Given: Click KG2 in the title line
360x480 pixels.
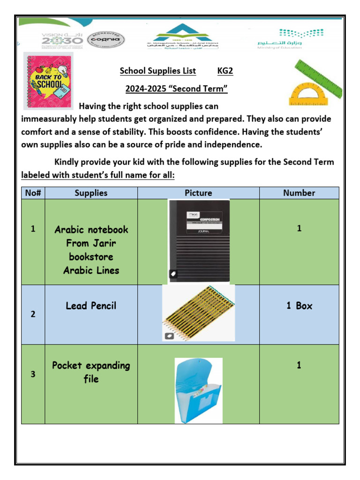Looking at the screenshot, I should click(225, 71).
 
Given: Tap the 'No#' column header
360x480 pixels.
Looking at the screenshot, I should click(33, 193).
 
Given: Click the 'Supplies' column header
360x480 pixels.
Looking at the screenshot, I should click(91, 193).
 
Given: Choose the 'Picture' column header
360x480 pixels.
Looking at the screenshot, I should click(198, 193).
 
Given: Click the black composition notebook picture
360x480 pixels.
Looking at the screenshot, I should click(199, 241).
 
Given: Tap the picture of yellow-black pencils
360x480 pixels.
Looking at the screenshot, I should click(198, 313).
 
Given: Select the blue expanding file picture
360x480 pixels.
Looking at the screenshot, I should click(198, 384).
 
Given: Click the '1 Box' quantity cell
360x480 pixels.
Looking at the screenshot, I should click(299, 306).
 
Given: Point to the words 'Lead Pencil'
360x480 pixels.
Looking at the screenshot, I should click(91, 306).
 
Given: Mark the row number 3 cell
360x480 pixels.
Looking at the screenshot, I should click(33, 375).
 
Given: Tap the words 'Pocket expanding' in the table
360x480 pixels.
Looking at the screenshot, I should click(91, 365).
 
